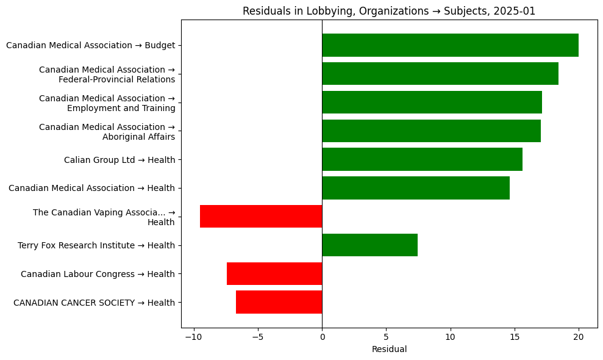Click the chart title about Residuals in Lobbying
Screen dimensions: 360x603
pyautogui.click(x=389, y=11)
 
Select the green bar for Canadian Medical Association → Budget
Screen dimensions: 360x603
pyautogui.click(x=450, y=45)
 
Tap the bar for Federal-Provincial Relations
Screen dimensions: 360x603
pyautogui.click(x=440, y=74)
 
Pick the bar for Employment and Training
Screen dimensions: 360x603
pyautogui.click(x=432, y=103)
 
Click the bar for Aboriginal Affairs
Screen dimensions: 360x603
pyautogui.click(x=431, y=131)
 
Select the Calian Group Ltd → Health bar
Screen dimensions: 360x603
pyautogui.click(x=422, y=159)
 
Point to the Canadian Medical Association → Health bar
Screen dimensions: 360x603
pyautogui.click(x=415, y=188)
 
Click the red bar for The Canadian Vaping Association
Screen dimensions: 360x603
pyautogui.click(x=261, y=217)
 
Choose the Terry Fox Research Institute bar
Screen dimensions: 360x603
pyautogui.click(x=369, y=245)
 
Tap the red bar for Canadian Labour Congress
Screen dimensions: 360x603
pyautogui.click(x=274, y=274)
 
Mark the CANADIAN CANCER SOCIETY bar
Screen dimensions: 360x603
pyautogui.click(x=279, y=302)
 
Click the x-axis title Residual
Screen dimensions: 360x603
pyautogui.click(x=389, y=350)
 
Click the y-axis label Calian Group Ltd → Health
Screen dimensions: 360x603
pyautogui.click(x=120, y=160)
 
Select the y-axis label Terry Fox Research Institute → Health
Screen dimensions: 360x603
pyautogui.click(x=96, y=245)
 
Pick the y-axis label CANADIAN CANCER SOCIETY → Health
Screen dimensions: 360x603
pyautogui.click(x=94, y=303)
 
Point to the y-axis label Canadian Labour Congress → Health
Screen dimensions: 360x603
pyautogui.click(x=98, y=274)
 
